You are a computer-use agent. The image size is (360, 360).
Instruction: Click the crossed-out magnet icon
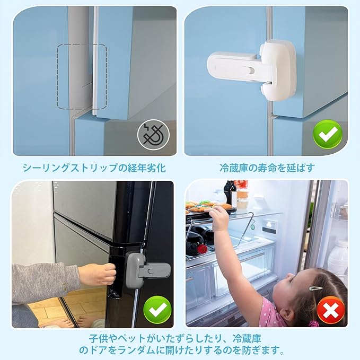(153, 135)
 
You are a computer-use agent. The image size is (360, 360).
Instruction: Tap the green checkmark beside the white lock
(328, 134)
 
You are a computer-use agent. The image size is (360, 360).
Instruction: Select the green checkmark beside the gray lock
(157, 310)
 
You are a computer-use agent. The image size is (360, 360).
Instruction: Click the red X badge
(331, 310)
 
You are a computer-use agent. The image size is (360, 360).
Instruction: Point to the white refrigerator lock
(252, 69)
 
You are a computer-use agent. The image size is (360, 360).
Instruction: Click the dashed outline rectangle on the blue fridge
(82, 76)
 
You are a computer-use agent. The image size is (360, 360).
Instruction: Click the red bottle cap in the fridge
(202, 249)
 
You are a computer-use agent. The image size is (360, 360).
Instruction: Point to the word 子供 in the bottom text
(99, 338)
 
